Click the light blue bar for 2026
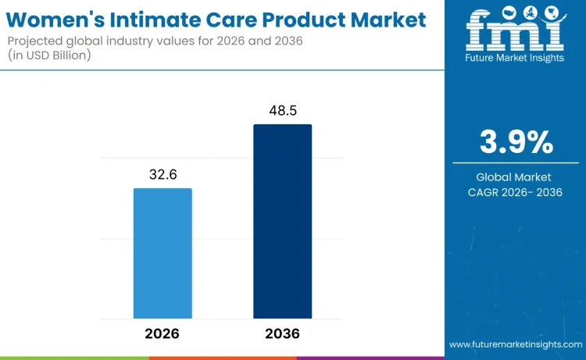point(163,253)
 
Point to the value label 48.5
point(282,111)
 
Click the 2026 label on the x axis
point(163,333)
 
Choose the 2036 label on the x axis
point(282,333)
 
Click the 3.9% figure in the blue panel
point(516,142)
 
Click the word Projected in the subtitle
point(39,40)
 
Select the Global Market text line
point(515,177)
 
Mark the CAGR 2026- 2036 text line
point(515,192)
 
